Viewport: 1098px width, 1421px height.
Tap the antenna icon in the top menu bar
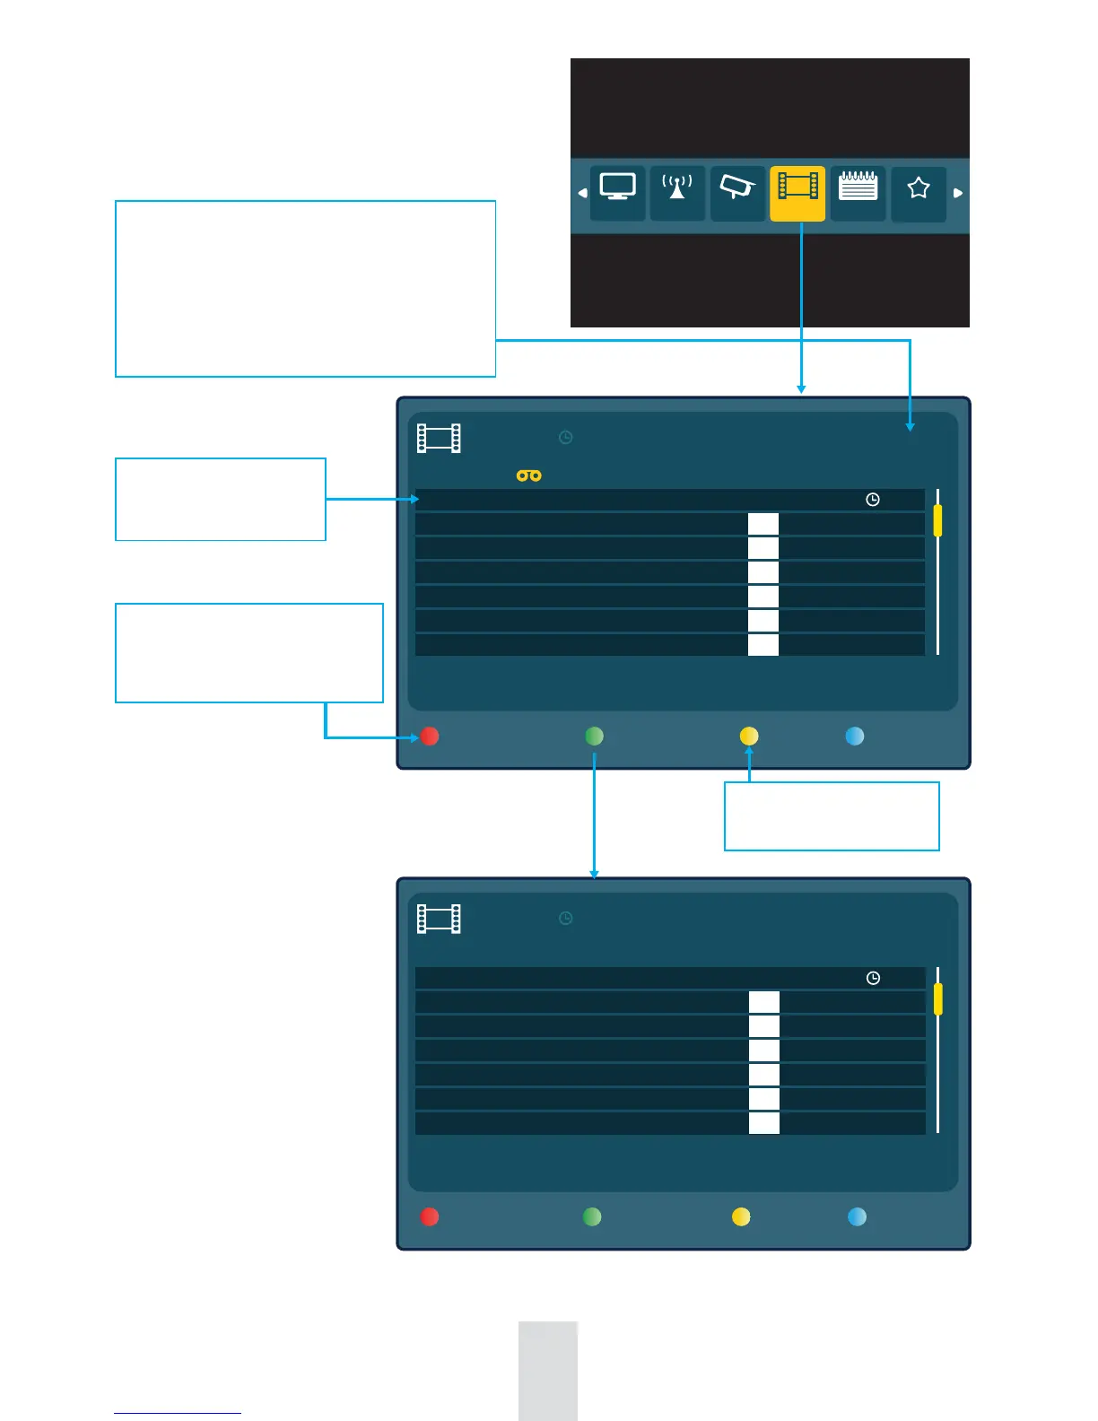tap(677, 187)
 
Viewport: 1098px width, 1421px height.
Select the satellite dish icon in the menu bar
tap(737, 187)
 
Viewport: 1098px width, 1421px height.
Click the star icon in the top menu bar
tap(918, 188)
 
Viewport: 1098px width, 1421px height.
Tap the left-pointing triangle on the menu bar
tap(582, 193)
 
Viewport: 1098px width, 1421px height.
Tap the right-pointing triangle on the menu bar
tap(958, 193)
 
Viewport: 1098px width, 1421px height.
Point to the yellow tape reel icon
tap(529, 475)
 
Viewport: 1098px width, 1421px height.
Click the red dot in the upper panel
tap(430, 737)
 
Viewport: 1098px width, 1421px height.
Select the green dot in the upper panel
tap(594, 737)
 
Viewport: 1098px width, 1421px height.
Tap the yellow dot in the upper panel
tap(749, 737)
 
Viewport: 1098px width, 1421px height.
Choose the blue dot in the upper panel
tap(855, 737)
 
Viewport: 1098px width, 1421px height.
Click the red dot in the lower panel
tap(430, 1216)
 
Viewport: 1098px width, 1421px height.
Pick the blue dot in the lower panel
tap(857, 1216)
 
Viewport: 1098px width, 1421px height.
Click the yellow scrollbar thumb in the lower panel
tap(938, 998)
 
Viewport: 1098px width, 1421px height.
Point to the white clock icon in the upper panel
tap(873, 500)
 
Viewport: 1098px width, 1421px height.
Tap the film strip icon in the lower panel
tap(439, 920)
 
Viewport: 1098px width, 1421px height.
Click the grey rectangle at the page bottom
tap(548, 1370)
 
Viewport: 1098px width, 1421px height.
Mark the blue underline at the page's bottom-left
tap(178, 1414)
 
